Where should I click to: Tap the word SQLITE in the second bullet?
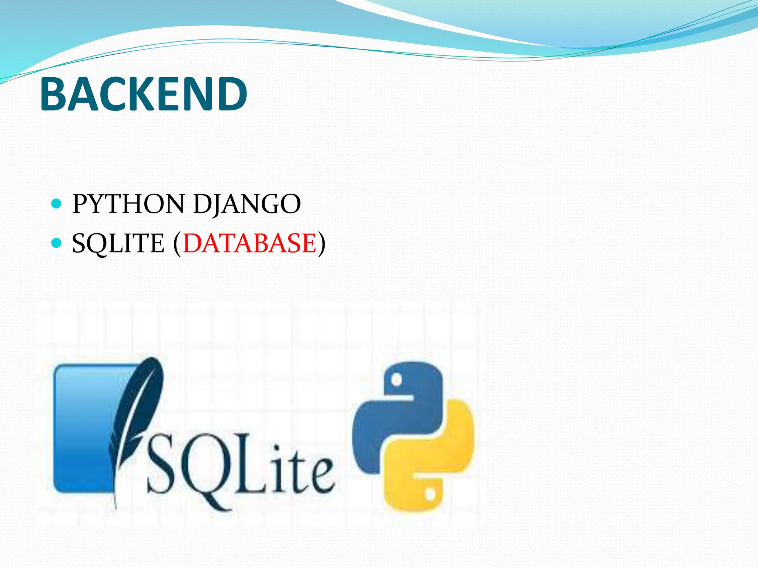click(118, 243)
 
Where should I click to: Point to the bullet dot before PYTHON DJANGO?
click(56, 203)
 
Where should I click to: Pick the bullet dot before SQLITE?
click(56, 243)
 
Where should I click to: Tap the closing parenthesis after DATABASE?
click(322, 244)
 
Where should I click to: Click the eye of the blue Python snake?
click(396, 380)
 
